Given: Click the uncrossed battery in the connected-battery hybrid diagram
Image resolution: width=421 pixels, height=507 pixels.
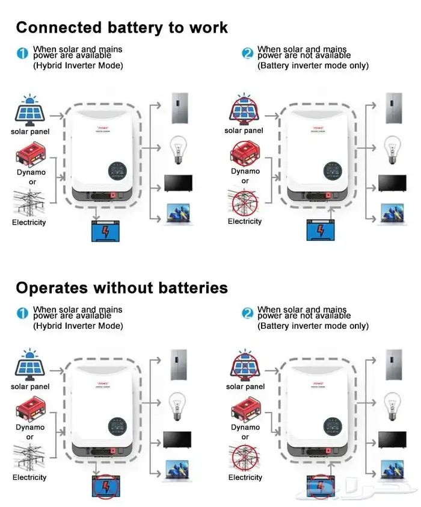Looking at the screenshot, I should (105, 232).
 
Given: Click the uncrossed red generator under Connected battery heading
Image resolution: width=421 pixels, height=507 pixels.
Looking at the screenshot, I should (30, 154).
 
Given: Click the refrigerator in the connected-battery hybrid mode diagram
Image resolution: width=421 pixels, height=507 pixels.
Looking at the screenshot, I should (180, 109).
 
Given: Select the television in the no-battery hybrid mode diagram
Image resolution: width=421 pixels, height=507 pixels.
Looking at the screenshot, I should (178, 438).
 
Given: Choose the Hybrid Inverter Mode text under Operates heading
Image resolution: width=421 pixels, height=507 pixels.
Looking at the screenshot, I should (78, 326).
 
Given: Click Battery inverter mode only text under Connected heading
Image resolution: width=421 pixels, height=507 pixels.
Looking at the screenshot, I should (313, 66).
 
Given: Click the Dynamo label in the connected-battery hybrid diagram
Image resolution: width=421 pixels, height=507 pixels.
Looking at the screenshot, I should (31, 173).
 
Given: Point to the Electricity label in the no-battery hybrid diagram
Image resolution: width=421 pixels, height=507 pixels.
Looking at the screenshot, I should (29, 477).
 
